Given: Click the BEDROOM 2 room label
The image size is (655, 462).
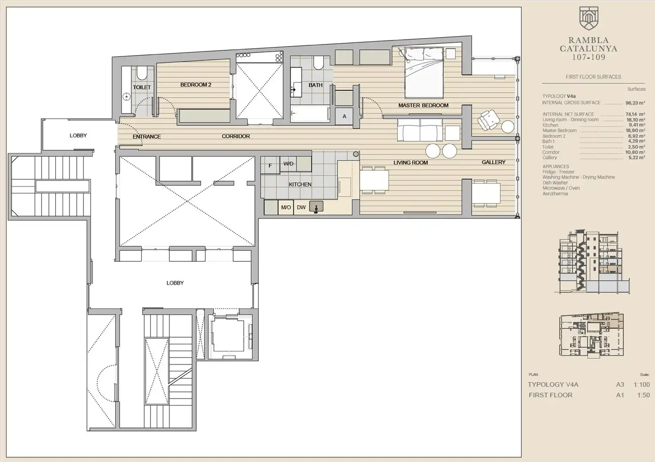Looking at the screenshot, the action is (x=196, y=85).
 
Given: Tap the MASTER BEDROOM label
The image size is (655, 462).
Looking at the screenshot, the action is (x=423, y=105).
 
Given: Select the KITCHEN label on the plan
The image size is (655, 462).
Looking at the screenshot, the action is (x=300, y=184).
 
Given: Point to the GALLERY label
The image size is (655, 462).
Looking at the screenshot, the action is (x=493, y=162).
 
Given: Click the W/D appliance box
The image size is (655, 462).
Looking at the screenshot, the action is (x=288, y=164).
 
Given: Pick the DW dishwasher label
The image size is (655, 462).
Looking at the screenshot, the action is (x=301, y=207).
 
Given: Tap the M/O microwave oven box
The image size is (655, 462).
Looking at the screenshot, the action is (x=286, y=207).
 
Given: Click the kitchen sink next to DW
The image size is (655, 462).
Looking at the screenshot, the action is (x=316, y=207).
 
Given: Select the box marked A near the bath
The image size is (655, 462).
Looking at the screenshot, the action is (x=344, y=116).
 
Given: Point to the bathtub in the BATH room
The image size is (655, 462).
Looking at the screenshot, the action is (x=311, y=114).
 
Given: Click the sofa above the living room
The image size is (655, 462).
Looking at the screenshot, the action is (x=420, y=130).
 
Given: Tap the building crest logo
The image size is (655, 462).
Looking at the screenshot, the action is (x=589, y=18).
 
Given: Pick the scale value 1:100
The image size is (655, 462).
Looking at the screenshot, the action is (x=642, y=385).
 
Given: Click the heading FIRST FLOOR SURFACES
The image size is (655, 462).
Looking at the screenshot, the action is (x=593, y=77).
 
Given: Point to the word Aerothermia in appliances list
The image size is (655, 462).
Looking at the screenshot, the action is (x=555, y=194).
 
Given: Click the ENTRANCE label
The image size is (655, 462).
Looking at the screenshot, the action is (x=147, y=136).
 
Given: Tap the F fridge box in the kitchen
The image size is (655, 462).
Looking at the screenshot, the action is (x=270, y=165).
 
